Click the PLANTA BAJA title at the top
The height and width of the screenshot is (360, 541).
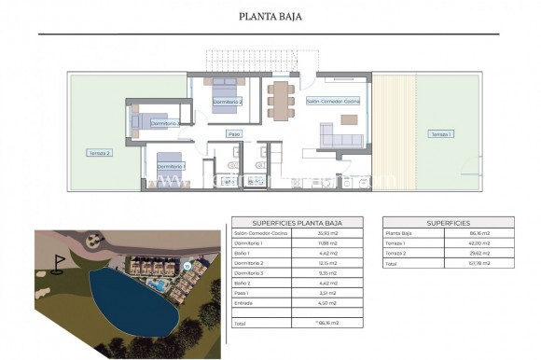(270, 16)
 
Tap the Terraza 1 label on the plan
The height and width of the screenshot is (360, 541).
(439, 134)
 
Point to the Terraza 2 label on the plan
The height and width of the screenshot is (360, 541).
(100, 153)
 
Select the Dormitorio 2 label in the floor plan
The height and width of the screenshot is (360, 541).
(228, 101)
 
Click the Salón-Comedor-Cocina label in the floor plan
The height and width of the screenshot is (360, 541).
(333, 100)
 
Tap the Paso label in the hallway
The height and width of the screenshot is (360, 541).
(234, 134)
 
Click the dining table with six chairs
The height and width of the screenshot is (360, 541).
(280, 96)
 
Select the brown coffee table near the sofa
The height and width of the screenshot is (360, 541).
(349, 118)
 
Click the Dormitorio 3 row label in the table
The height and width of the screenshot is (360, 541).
(248, 272)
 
